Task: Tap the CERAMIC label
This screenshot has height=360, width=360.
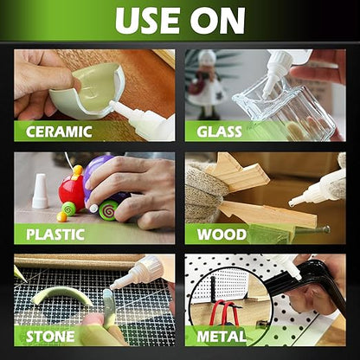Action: pos(59,132)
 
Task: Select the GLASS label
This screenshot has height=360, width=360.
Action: pos(219,132)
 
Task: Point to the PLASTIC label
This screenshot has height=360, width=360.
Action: pos(55,233)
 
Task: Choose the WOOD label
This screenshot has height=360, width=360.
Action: pos(222,233)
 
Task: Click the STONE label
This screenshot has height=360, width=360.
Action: pos(49,334)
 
